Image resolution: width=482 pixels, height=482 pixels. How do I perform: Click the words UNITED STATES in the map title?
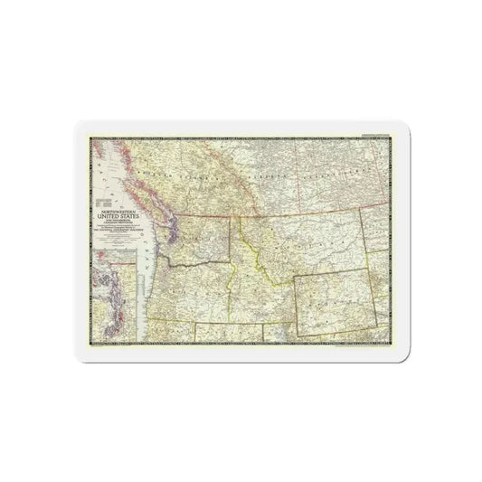point(112,217)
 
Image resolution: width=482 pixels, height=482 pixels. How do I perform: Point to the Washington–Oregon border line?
point(194,265)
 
